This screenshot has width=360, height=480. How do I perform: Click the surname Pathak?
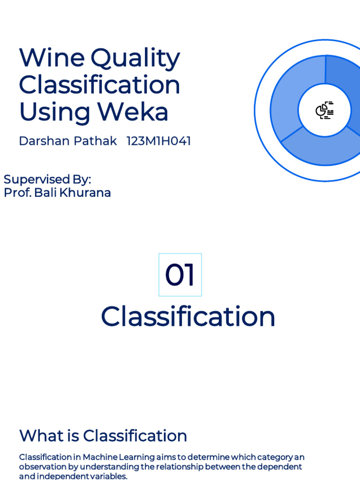pyautogui.click(x=98, y=141)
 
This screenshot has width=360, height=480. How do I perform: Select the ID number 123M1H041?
pyautogui.click(x=158, y=141)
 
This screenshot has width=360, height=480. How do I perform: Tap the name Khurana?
pyautogui.click(x=86, y=193)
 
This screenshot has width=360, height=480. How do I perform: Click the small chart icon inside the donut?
pyautogui.click(x=324, y=110)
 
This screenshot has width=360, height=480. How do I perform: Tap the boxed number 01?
pyautogui.click(x=180, y=275)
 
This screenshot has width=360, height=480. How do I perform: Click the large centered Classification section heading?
pyautogui.click(x=188, y=316)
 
